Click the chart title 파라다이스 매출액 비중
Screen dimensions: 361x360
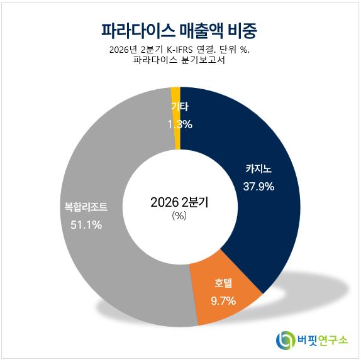[x=179, y=31]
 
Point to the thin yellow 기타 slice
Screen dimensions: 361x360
[x=177, y=138]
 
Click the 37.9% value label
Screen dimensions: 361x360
[x=258, y=187]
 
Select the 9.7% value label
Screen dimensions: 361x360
[x=223, y=301]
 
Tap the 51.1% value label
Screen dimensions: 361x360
[x=86, y=224]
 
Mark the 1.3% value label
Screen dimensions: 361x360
[x=180, y=124]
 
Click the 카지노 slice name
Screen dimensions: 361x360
[x=258, y=168]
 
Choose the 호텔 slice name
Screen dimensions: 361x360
[x=223, y=283]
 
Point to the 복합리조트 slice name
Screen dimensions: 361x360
[x=86, y=207]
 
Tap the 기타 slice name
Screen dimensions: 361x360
[x=180, y=107]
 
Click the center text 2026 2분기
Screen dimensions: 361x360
[x=179, y=202]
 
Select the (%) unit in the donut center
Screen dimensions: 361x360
[x=179, y=215]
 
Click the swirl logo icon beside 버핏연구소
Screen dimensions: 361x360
[x=286, y=340]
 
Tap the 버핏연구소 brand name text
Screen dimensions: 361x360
[x=322, y=340]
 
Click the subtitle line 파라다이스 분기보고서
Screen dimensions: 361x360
[x=179, y=60]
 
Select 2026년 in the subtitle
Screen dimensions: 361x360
[x=122, y=50]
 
